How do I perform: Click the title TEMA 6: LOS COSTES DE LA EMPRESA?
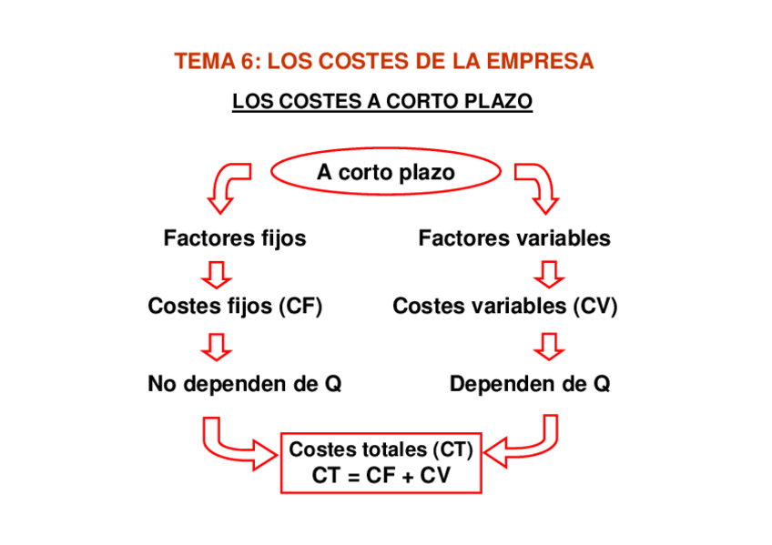[x=383, y=62]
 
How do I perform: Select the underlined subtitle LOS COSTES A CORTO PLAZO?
[x=382, y=102]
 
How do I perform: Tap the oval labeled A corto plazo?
[x=386, y=172]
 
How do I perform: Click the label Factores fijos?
[x=235, y=238]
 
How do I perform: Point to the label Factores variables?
[x=514, y=238]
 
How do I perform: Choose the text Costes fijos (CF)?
[x=235, y=307]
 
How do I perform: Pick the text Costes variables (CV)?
[x=504, y=307]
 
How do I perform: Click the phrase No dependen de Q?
[x=244, y=384]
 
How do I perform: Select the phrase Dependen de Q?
[x=530, y=384]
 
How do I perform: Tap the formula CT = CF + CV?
[x=381, y=475]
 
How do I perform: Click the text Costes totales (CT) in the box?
[x=381, y=449]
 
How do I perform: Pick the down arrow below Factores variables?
[x=549, y=273]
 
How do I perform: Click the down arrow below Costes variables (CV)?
[x=549, y=346]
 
